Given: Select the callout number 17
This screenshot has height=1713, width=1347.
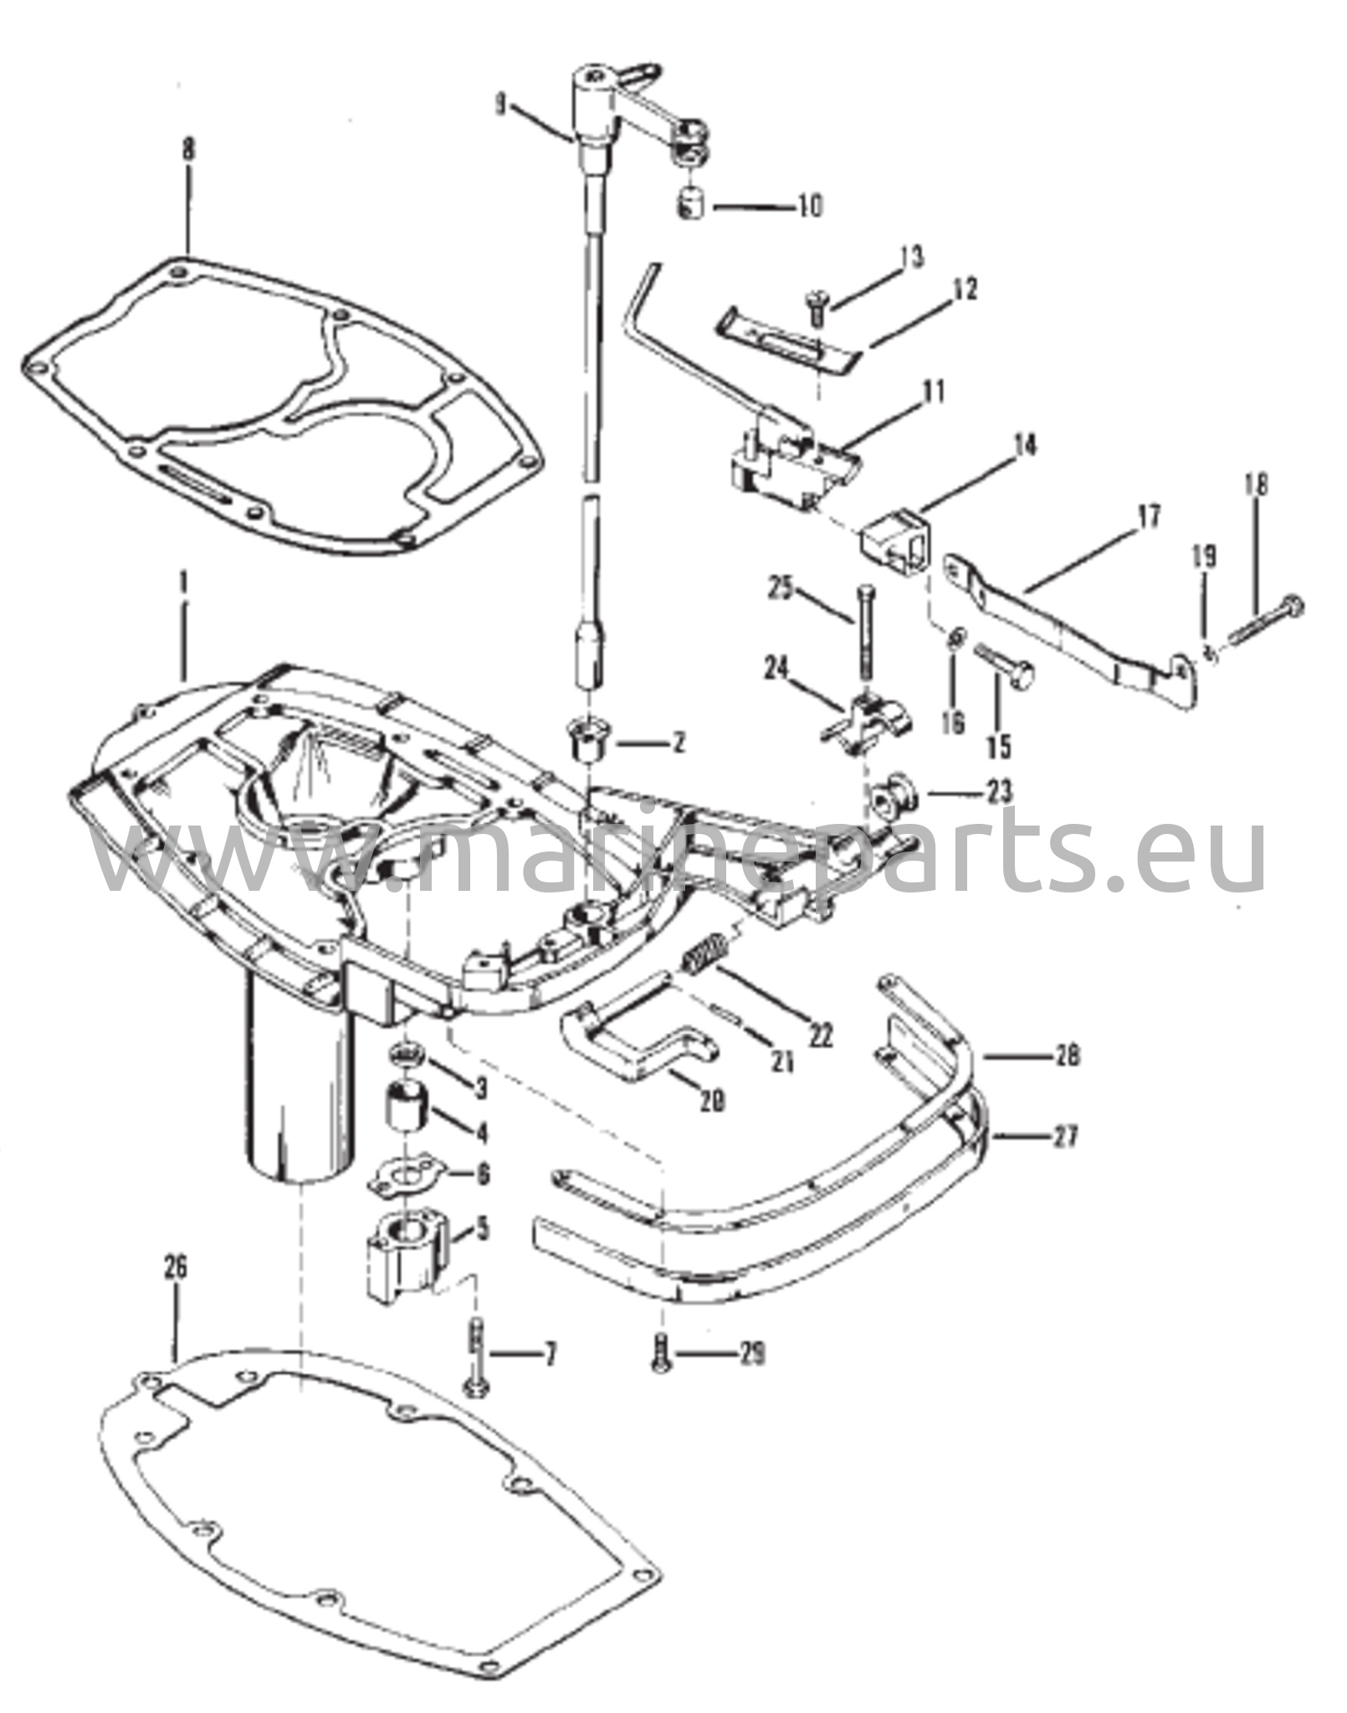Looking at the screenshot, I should (1150, 518).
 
